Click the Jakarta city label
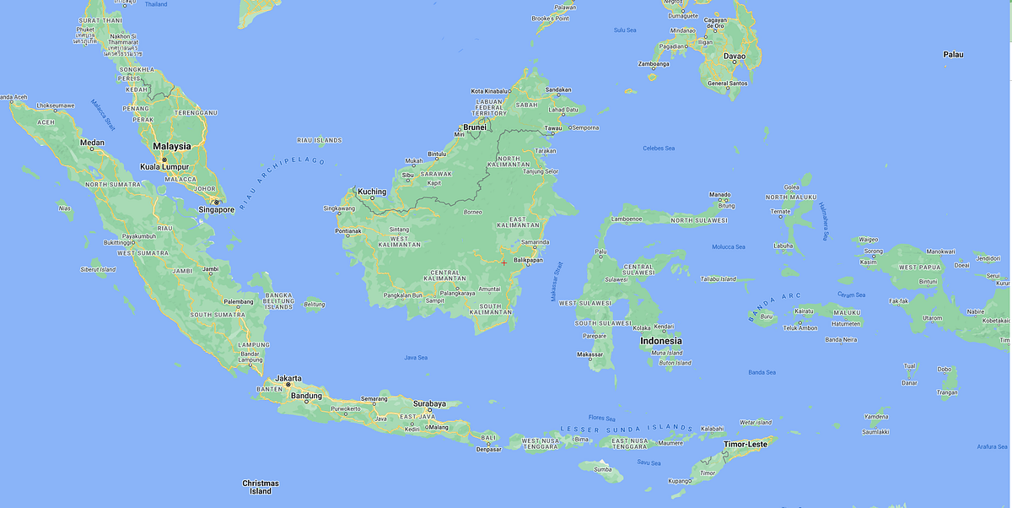point(289,379)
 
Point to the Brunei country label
point(475,127)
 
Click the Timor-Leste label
point(746,443)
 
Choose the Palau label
point(953,55)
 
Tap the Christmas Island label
point(261,487)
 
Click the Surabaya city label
point(429,403)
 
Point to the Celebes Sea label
point(659,149)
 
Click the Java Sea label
point(416,358)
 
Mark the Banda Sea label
point(762,372)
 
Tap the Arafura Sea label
point(991,446)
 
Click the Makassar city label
point(589,354)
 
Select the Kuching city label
point(372,192)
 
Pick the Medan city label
point(91,143)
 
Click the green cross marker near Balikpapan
point(504,262)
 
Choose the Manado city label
point(719,194)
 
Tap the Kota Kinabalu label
point(490,91)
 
